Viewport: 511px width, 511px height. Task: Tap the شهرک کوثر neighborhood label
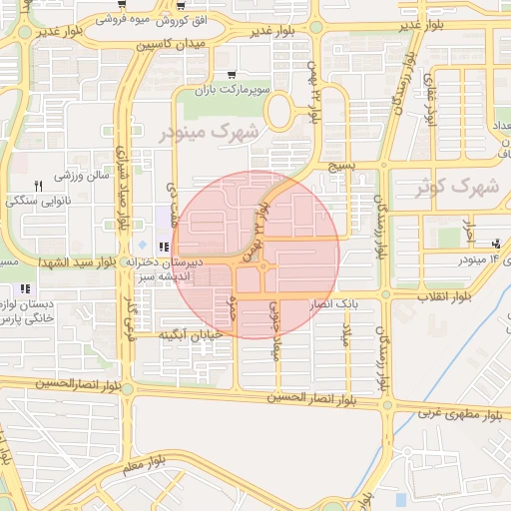point(459,186)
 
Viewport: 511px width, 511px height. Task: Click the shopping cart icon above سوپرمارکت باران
point(232,75)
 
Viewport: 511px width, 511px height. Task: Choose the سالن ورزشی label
point(75,177)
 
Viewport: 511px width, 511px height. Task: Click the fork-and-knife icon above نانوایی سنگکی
point(39,186)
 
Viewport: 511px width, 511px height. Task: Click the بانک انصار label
point(334,301)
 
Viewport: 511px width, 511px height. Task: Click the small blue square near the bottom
point(400,498)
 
